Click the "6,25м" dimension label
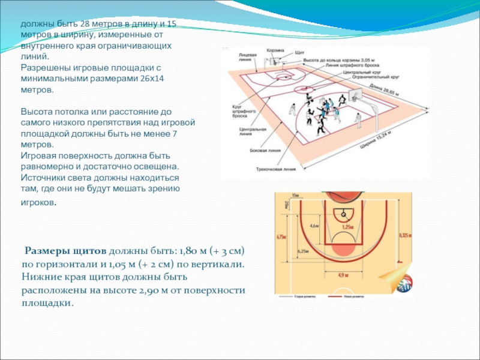pos(303,251)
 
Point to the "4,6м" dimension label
pos(314,226)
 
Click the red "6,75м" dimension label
pos(279,236)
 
